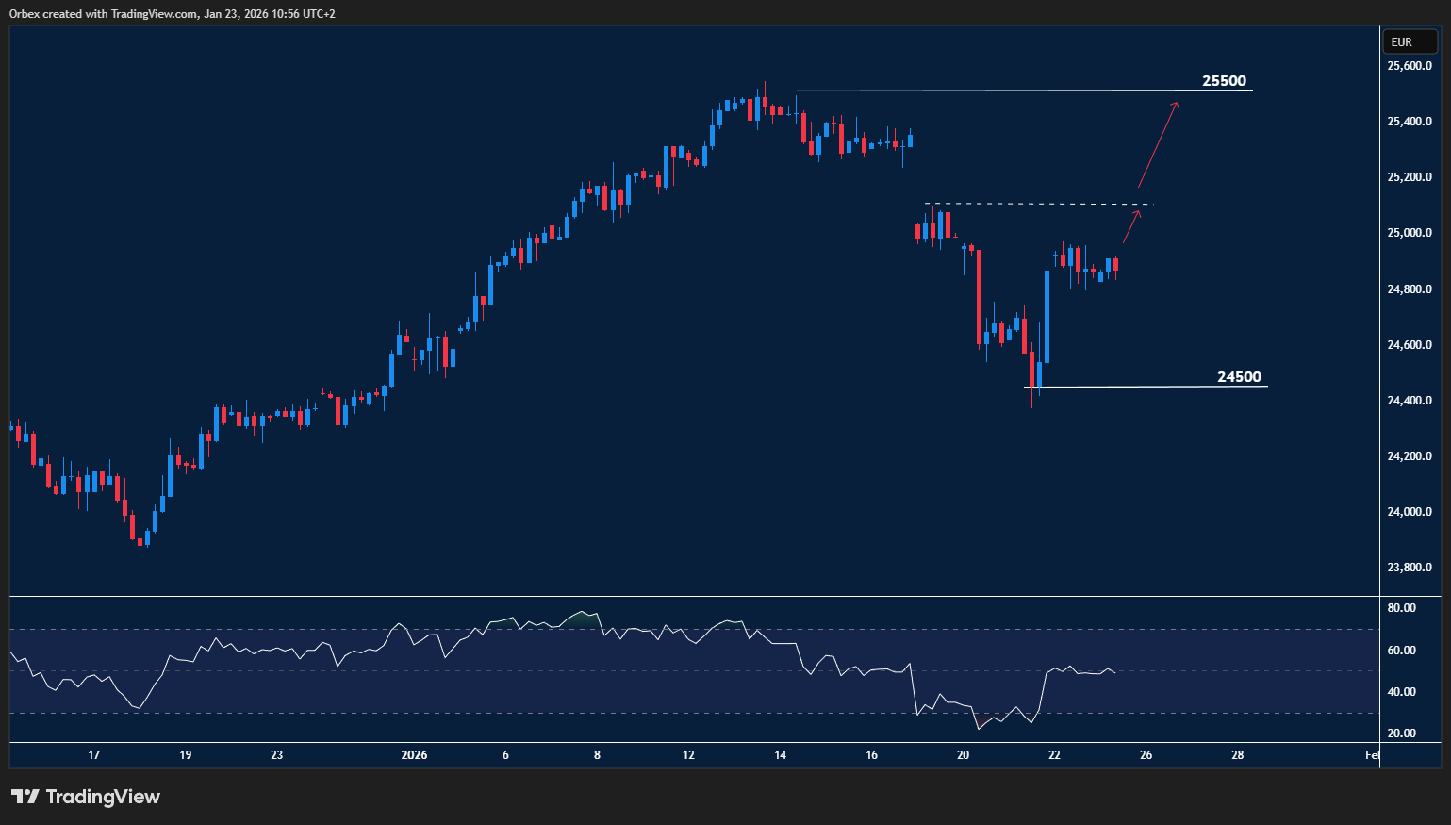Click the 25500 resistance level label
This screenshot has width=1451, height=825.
coord(1224,81)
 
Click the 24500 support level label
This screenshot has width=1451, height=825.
coord(1238,377)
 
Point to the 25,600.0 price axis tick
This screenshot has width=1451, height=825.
coord(1410,66)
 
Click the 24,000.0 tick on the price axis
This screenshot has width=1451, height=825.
coord(1410,512)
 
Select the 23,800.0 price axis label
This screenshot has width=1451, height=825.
coord(1410,568)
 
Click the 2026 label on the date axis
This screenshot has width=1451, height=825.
coord(414,755)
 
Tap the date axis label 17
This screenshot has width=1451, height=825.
coord(93,755)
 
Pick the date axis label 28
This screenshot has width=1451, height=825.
coord(1237,755)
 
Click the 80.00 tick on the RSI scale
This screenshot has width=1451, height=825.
coord(1402,608)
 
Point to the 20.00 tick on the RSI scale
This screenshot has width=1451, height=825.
coord(1402,734)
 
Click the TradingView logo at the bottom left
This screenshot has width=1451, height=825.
coord(86,797)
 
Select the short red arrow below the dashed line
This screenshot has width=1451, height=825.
coord(1131,227)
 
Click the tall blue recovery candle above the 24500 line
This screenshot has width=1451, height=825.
coord(1047,317)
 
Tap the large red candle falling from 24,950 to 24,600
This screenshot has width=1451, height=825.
coord(979,298)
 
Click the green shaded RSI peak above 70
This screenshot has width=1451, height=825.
coord(583,619)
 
